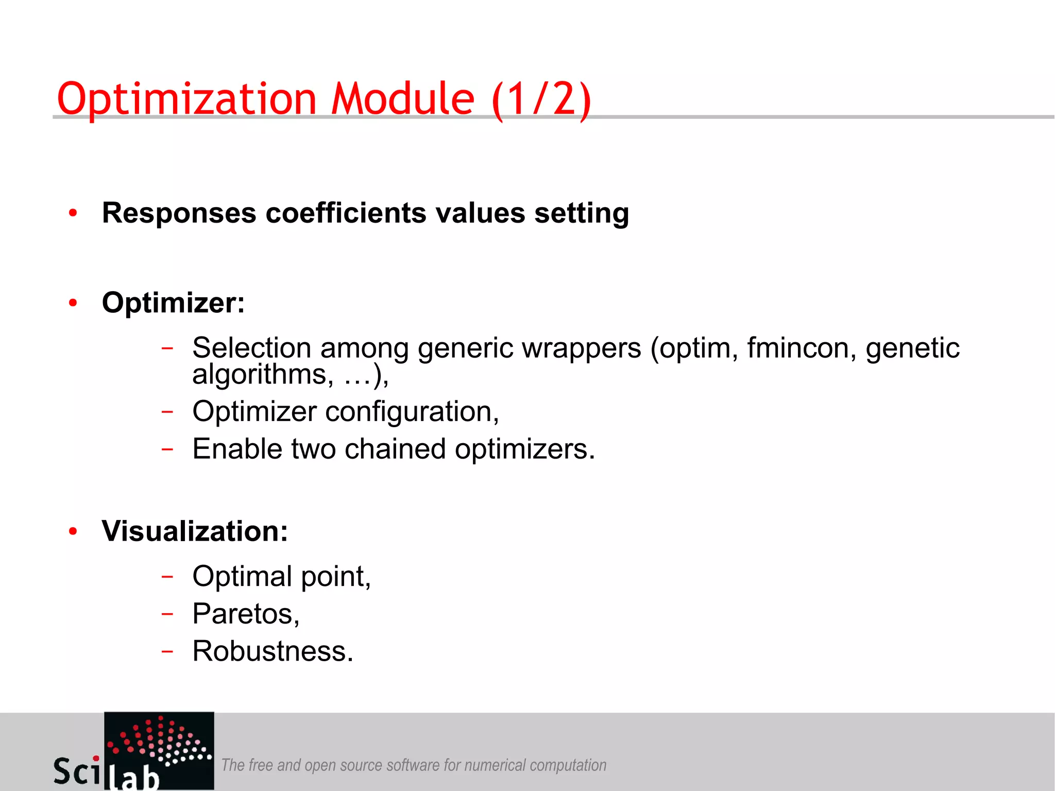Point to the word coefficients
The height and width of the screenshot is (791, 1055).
pyautogui.click(x=346, y=213)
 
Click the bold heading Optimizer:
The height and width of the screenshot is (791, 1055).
pyautogui.click(x=173, y=302)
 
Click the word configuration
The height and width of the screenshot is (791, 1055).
pyautogui.click(x=412, y=412)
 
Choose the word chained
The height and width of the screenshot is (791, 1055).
pyautogui.click(x=395, y=449)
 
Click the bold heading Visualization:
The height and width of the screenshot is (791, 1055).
pyautogui.click(x=195, y=531)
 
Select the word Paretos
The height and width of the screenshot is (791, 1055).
pyautogui.click(x=246, y=614)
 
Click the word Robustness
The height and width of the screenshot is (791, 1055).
pyautogui.click(x=273, y=651)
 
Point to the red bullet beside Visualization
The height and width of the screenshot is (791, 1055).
pyautogui.click(x=73, y=531)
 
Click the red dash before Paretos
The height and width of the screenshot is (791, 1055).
pyautogui.click(x=167, y=614)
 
